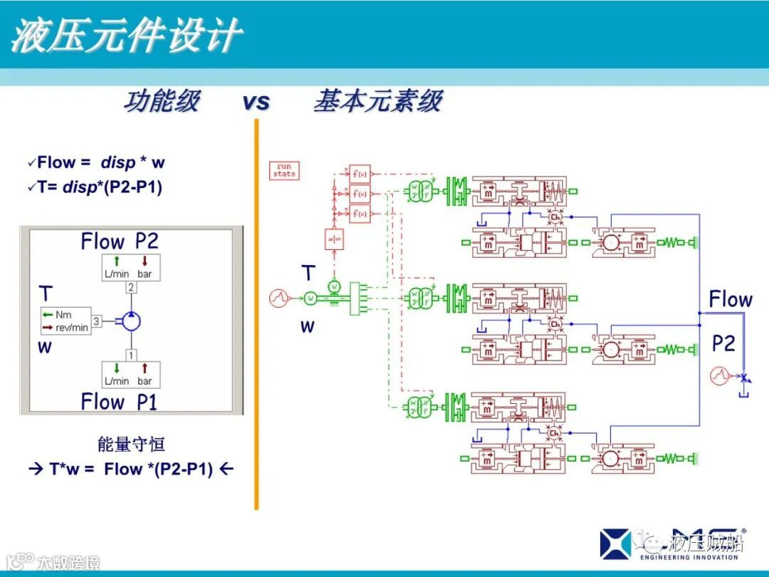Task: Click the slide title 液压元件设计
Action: [x=126, y=36]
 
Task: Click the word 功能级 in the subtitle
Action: [x=162, y=102]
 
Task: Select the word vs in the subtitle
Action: [x=256, y=102]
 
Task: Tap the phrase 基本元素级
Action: [x=378, y=102]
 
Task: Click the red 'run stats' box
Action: [x=284, y=170]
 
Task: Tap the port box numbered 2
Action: [x=131, y=288]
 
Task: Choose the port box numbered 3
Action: [x=97, y=321]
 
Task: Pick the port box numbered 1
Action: [x=131, y=354]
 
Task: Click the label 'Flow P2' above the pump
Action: [x=119, y=241]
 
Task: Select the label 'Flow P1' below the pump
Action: [x=119, y=402]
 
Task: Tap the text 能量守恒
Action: [x=131, y=445]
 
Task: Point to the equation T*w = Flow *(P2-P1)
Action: [x=131, y=469]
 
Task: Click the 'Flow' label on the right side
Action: [x=731, y=299]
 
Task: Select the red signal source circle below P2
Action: [x=718, y=375]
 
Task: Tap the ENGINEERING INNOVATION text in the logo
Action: [x=689, y=557]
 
